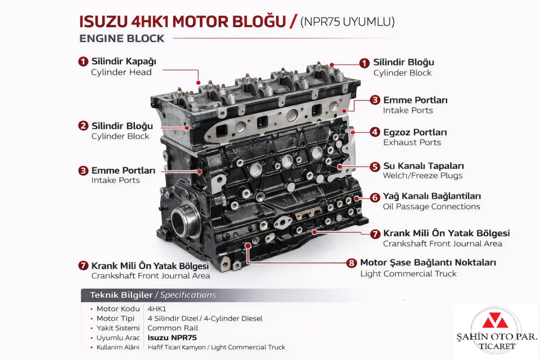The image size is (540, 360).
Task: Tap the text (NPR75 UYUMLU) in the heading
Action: tap(347, 22)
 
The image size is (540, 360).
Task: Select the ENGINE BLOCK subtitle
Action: tap(122, 39)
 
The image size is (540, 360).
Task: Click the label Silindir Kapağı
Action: tap(123, 61)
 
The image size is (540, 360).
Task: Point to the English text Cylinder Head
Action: tap(121, 72)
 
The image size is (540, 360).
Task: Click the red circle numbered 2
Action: tap(83, 125)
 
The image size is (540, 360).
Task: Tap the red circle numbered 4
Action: tap(375, 132)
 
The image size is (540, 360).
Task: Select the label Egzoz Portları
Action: tap(415, 132)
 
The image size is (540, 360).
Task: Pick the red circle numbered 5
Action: tap(375, 166)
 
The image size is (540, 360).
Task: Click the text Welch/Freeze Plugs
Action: tap(422, 175)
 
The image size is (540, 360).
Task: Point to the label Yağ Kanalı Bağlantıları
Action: tap(431, 196)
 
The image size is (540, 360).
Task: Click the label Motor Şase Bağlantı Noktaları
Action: tap(427, 263)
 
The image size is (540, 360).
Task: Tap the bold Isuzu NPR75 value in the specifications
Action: tap(172, 338)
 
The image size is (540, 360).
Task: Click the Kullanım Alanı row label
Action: tap(118, 348)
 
